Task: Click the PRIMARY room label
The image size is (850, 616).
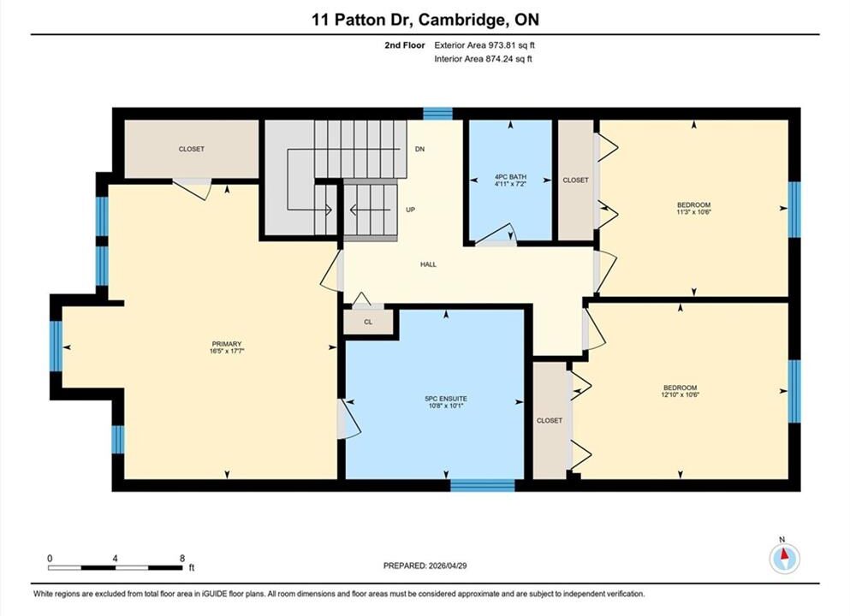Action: point(227,344)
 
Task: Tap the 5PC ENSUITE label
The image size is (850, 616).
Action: point(446,398)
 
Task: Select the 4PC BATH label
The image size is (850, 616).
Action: point(510,176)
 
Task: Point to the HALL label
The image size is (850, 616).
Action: point(428,264)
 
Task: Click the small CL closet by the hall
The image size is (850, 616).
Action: point(368,322)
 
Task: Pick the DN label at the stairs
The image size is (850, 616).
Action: point(419,149)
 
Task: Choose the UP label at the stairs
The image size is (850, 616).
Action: point(410,210)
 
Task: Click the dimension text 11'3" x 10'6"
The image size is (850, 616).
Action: point(693,212)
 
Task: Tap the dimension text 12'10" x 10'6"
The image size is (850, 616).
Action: point(680,395)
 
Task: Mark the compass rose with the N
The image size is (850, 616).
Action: point(783,558)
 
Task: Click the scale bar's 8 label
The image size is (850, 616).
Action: point(182,559)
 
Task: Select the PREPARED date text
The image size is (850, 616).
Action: point(425,566)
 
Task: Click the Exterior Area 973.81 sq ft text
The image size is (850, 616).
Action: point(484,45)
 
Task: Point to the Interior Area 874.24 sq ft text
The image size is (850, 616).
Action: point(483,59)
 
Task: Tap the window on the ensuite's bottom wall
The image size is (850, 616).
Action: point(483,485)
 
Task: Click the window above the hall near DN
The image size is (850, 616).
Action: point(437,113)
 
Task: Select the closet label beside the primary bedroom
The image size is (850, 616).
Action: point(192,149)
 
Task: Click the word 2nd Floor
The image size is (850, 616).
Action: point(404,45)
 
